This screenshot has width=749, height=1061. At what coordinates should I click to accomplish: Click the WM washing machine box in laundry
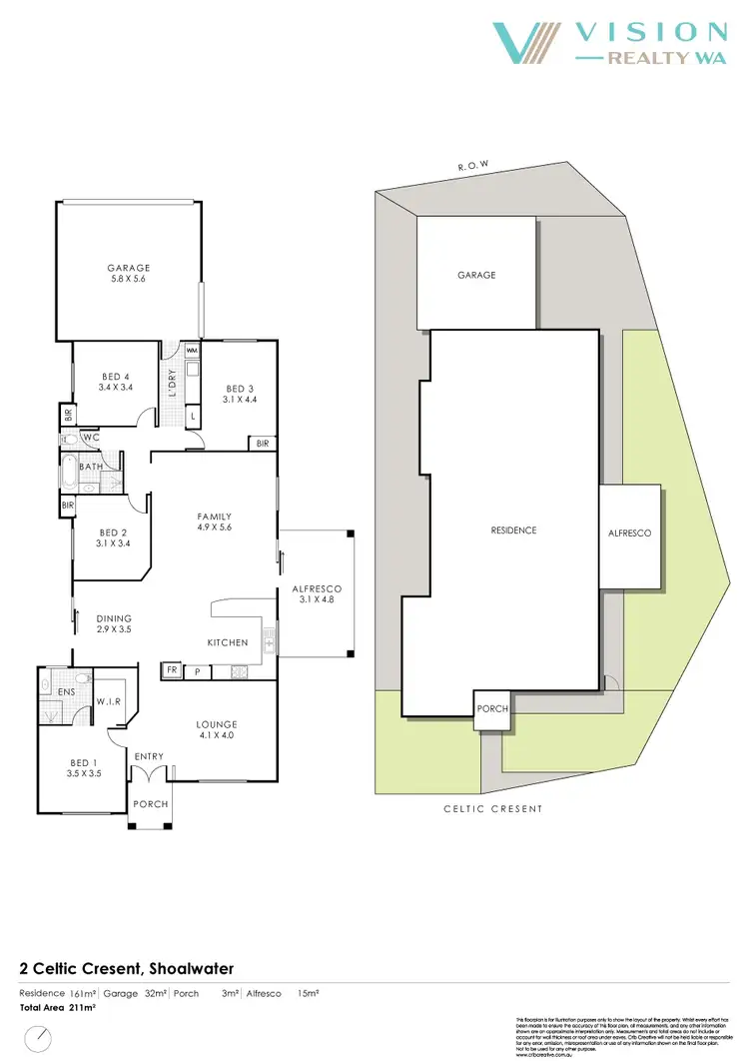pyautogui.click(x=192, y=352)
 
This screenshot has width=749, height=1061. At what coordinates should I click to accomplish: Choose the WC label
pyautogui.click(x=91, y=438)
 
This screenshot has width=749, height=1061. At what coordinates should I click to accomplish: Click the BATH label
pyautogui.click(x=93, y=466)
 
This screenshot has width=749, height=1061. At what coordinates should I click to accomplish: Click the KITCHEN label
pyautogui.click(x=227, y=642)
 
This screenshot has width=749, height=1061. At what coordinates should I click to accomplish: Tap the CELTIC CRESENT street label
pyautogui.click(x=493, y=808)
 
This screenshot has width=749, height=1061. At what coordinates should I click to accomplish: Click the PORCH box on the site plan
pyautogui.click(x=493, y=708)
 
